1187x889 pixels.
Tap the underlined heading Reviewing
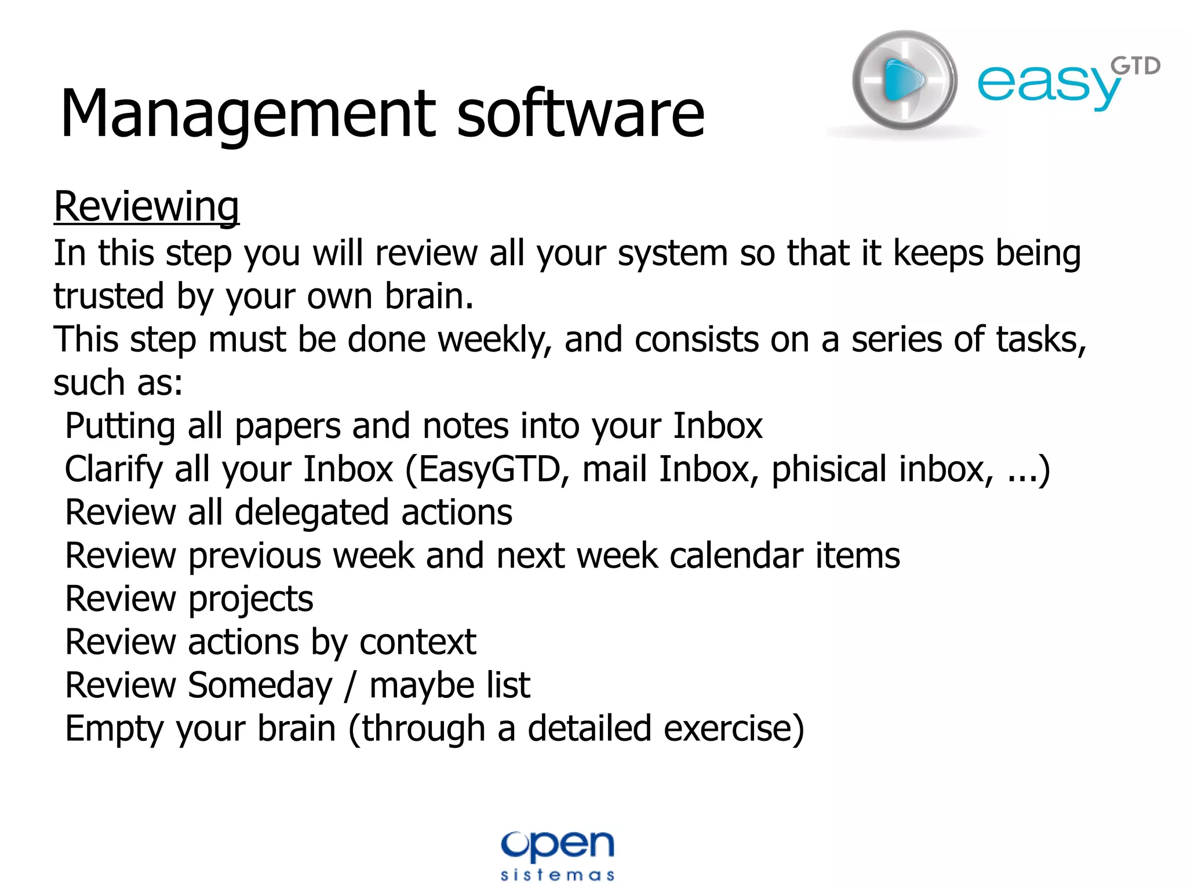tap(146, 206)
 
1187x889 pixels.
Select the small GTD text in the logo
tap(1136, 67)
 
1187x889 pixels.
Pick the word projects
tap(250, 599)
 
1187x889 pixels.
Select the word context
tap(417, 642)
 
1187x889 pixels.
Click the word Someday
tap(260, 686)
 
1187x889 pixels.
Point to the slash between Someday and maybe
tap(349, 686)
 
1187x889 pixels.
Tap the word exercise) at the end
tap(734, 729)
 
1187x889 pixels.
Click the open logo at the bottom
tap(557, 846)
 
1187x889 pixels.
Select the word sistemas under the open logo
tap(557, 875)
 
